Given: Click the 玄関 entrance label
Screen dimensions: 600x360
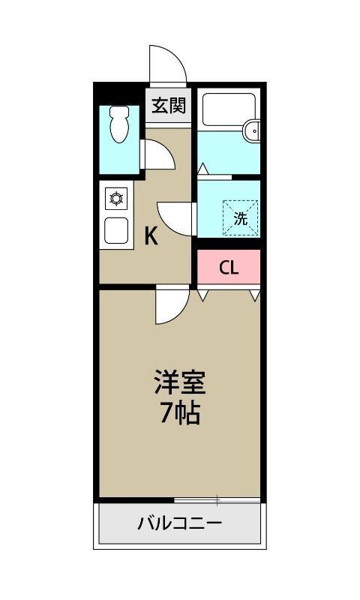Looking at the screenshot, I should tap(169, 105).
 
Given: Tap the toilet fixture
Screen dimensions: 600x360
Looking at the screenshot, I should tap(119, 124).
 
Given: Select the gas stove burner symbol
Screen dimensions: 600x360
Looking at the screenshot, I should tap(117, 199).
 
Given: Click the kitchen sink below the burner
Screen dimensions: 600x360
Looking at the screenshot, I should tap(117, 230).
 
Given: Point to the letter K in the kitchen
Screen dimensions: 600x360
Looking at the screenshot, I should tap(151, 237).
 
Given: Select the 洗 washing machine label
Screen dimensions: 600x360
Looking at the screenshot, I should tap(240, 219).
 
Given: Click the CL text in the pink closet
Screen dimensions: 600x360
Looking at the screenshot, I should tap(229, 268).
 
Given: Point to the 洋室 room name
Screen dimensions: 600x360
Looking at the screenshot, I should tap(180, 383).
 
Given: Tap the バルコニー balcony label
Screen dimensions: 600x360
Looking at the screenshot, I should tap(179, 523).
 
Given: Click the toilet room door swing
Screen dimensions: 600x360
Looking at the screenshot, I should tap(158, 155).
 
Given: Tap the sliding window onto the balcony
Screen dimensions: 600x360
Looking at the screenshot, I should tap(217, 499).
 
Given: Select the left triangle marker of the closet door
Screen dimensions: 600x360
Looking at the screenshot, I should tap(202, 294).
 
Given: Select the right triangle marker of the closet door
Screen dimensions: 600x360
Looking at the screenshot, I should tap(254, 294).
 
